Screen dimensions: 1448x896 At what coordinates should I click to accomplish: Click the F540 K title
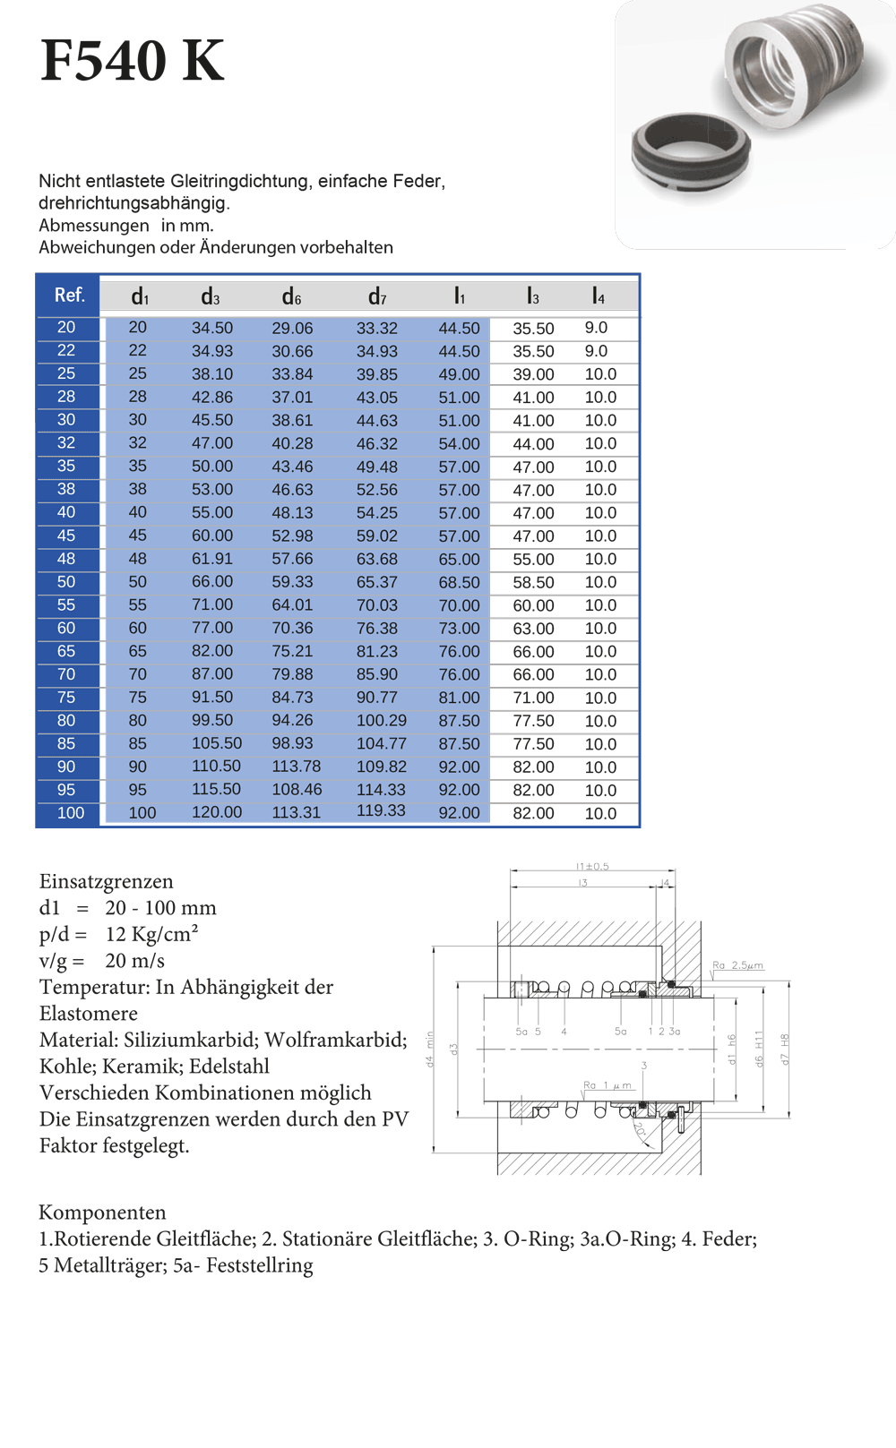133,61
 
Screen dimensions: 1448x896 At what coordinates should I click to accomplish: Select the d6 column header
291,296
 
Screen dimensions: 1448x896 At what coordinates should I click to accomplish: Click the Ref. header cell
69,296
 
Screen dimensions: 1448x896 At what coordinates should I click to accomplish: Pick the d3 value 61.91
212,559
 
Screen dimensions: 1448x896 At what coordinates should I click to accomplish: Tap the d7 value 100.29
381,721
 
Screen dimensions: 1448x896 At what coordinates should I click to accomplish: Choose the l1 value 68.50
459,582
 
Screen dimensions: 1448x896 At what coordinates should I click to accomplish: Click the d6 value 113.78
297,767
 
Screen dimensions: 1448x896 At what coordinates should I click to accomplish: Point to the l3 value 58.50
533,582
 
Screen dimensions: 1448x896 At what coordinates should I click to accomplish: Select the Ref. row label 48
66,559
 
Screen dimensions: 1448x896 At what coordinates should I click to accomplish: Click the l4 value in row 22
596,351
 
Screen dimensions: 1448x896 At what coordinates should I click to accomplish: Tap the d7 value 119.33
381,810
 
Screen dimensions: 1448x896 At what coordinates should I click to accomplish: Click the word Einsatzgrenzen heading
106,881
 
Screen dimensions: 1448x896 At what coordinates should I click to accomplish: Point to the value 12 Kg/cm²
151,934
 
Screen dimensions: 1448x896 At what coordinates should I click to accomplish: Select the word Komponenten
102,1212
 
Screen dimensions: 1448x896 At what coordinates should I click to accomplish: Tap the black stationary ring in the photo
691,152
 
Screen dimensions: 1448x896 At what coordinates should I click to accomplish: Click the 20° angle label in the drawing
640,1130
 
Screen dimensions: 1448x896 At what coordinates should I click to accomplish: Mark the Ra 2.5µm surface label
738,965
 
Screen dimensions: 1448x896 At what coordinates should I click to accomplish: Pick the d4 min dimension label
429,1049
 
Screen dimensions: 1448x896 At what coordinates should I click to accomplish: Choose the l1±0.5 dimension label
592,866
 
